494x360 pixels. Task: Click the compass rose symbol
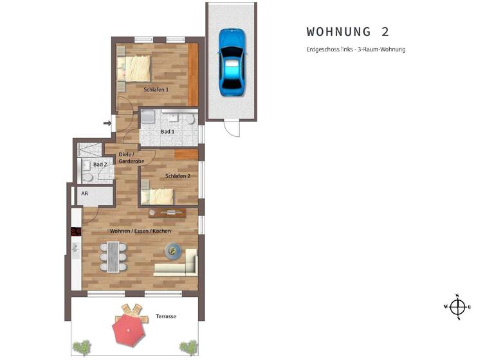coord(457,307)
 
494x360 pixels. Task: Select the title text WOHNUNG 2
coord(347,32)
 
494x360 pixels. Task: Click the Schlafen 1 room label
coord(156,90)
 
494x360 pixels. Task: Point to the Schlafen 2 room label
coord(178,176)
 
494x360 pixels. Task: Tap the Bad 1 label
coord(167,132)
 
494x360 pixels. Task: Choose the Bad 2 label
coord(100,165)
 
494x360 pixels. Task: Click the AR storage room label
coord(84,193)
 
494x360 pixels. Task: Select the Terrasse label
coord(166,317)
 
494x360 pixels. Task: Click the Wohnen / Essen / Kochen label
coord(131,231)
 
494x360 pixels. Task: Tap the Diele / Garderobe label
coord(126,157)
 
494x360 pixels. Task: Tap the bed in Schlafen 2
coord(158,196)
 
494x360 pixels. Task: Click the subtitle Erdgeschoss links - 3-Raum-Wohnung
coord(356,50)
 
